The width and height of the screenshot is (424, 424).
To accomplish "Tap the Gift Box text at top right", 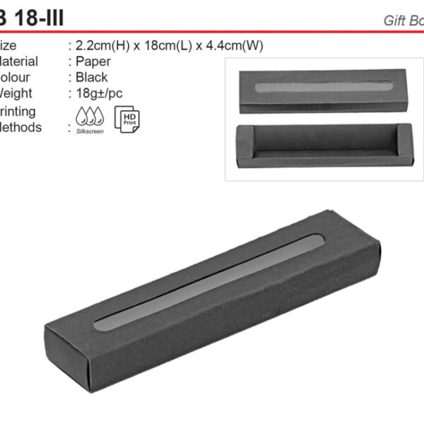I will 404,20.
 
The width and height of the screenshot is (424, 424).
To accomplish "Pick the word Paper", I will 93,61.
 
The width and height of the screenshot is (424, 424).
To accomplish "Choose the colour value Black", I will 92,77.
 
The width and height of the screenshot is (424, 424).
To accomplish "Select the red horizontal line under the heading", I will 212,32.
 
